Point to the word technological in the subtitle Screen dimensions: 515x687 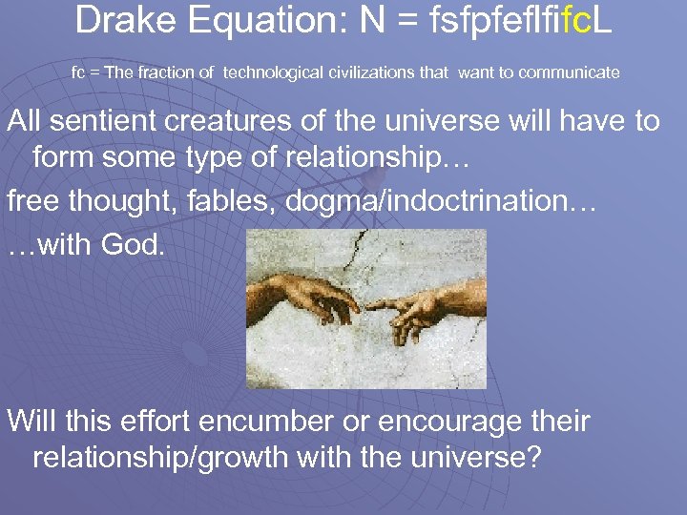pyautogui.click(x=265, y=72)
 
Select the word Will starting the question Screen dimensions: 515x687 pyautogui.click(x=32, y=421)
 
